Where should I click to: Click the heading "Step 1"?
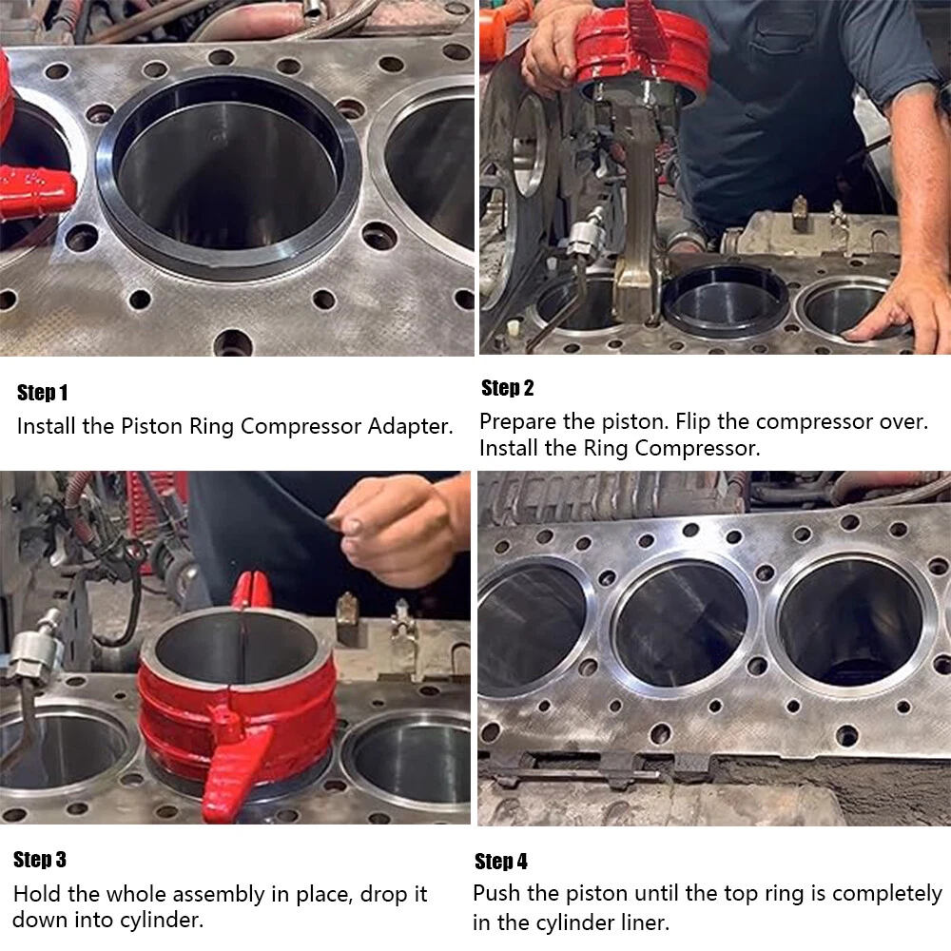(x=42, y=393)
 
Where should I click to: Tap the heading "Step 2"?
(x=507, y=388)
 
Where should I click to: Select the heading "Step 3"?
(x=39, y=860)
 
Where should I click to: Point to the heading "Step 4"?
(x=501, y=862)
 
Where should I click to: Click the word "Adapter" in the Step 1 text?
(x=410, y=426)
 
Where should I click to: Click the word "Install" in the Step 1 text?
(x=47, y=426)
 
